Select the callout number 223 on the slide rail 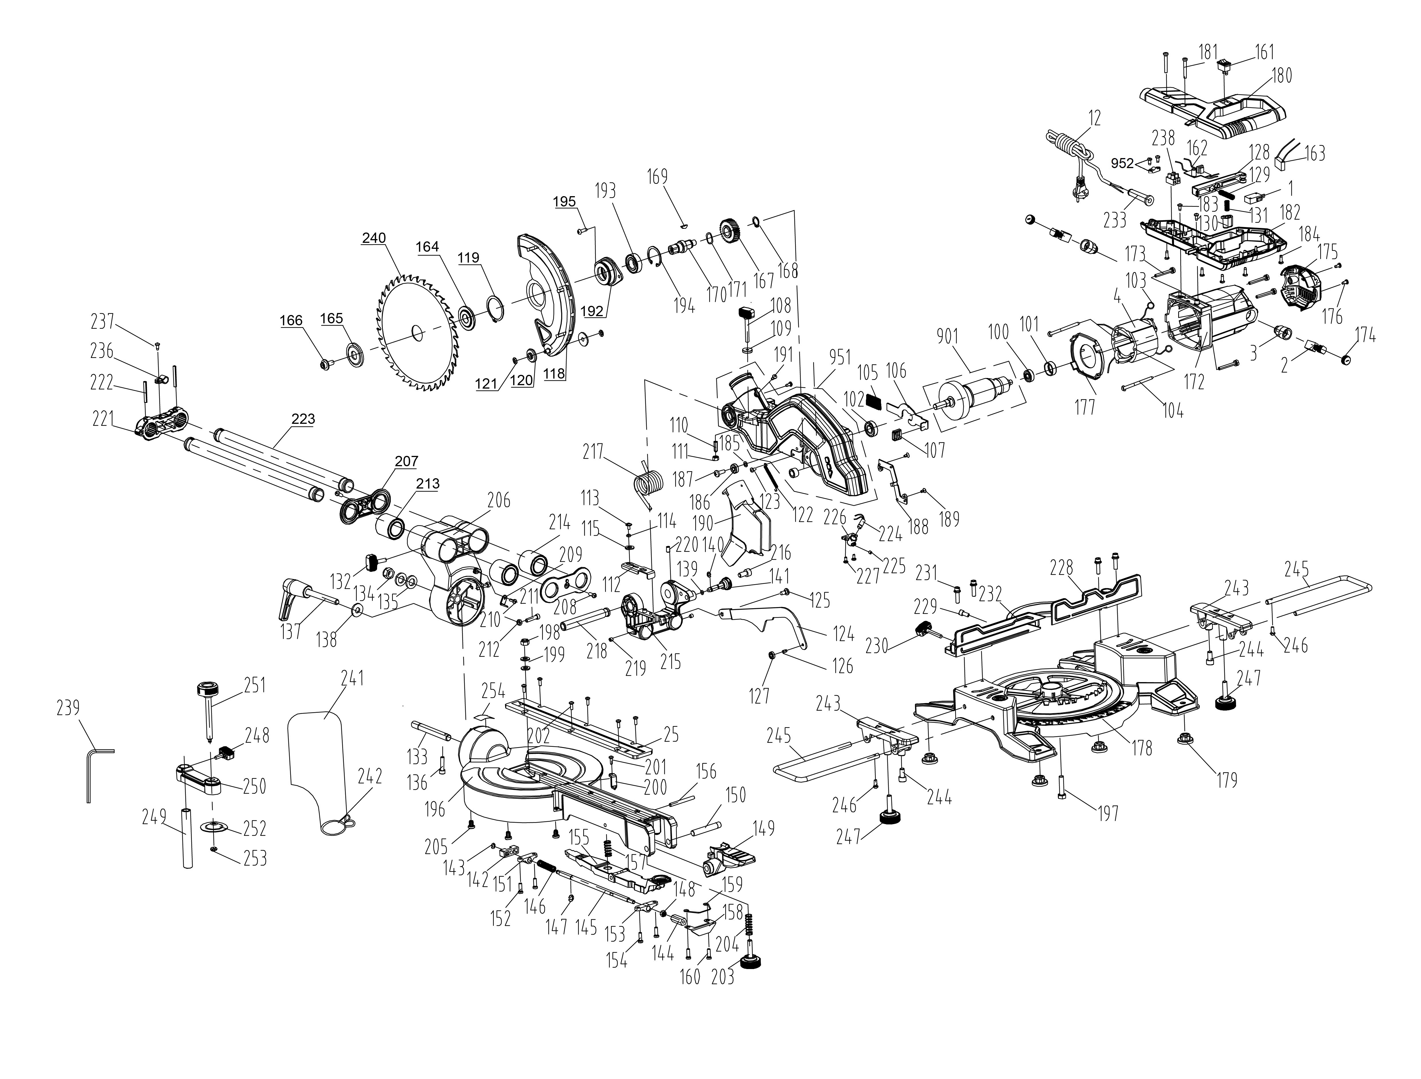coord(303,419)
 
